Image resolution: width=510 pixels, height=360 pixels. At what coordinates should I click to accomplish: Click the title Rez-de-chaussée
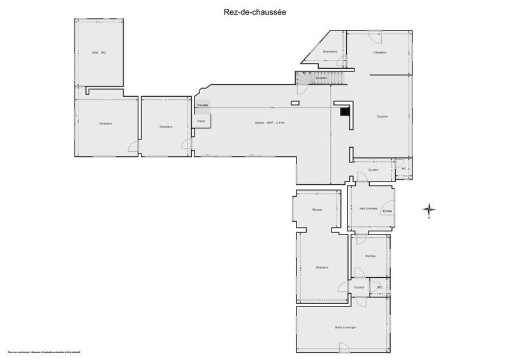(255, 10)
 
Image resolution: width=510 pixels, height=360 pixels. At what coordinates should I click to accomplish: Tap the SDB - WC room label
(98, 52)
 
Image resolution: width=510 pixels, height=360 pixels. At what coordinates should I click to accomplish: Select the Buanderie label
(330, 51)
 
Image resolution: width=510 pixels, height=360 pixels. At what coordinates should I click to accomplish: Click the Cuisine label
(382, 116)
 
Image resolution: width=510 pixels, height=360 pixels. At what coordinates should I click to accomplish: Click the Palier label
(201, 120)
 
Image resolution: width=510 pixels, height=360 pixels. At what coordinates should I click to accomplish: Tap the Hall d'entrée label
(368, 208)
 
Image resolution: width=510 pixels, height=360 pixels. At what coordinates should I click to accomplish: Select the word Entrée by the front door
(388, 212)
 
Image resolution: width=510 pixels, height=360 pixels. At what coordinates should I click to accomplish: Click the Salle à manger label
(344, 328)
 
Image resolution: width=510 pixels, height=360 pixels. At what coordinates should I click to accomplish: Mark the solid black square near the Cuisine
(345, 112)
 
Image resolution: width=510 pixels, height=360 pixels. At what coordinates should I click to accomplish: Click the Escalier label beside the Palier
(203, 104)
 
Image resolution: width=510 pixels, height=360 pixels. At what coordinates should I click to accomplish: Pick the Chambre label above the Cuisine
(380, 52)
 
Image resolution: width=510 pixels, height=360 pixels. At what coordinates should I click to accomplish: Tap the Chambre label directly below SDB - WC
(106, 123)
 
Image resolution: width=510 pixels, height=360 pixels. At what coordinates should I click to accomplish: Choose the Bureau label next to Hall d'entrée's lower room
(370, 256)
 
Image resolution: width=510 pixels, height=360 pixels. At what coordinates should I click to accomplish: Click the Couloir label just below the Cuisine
(374, 169)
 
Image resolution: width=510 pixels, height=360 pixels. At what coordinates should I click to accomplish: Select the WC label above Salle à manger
(379, 287)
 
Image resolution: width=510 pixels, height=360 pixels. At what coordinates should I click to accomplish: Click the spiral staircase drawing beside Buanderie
(307, 78)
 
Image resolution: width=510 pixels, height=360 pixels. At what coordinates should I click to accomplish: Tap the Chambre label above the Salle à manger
(321, 267)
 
